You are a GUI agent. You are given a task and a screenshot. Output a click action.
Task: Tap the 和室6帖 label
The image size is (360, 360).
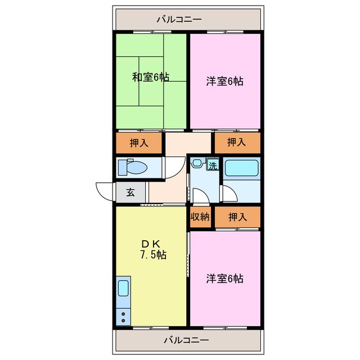pyautogui.click(x=151, y=77)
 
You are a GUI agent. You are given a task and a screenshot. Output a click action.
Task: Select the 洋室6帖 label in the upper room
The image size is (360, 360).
pyautogui.click(x=224, y=82)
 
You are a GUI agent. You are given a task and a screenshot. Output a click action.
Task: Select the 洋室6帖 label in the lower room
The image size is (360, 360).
pyautogui.click(x=224, y=278)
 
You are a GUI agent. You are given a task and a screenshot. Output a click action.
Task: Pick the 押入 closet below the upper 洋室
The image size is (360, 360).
pyautogui.click(x=236, y=143)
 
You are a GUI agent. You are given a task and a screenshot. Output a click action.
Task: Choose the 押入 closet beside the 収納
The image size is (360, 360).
pyautogui.click(x=237, y=217)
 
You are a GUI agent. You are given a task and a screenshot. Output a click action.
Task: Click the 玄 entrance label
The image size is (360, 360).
pyautogui.click(x=130, y=192)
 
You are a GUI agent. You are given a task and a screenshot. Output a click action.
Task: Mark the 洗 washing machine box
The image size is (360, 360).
pyautogui.click(x=213, y=165)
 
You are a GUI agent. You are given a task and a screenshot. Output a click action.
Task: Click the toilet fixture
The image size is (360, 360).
pyautogui.click(x=132, y=167)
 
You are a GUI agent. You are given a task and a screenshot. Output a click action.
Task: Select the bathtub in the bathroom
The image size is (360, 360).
pyautogui.click(x=241, y=168)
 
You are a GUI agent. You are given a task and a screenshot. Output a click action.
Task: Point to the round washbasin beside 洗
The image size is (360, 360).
pyautogui.click(x=197, y=164)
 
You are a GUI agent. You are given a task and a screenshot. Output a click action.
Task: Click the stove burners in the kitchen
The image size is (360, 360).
pyautogui.click(x=123, y=316)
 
